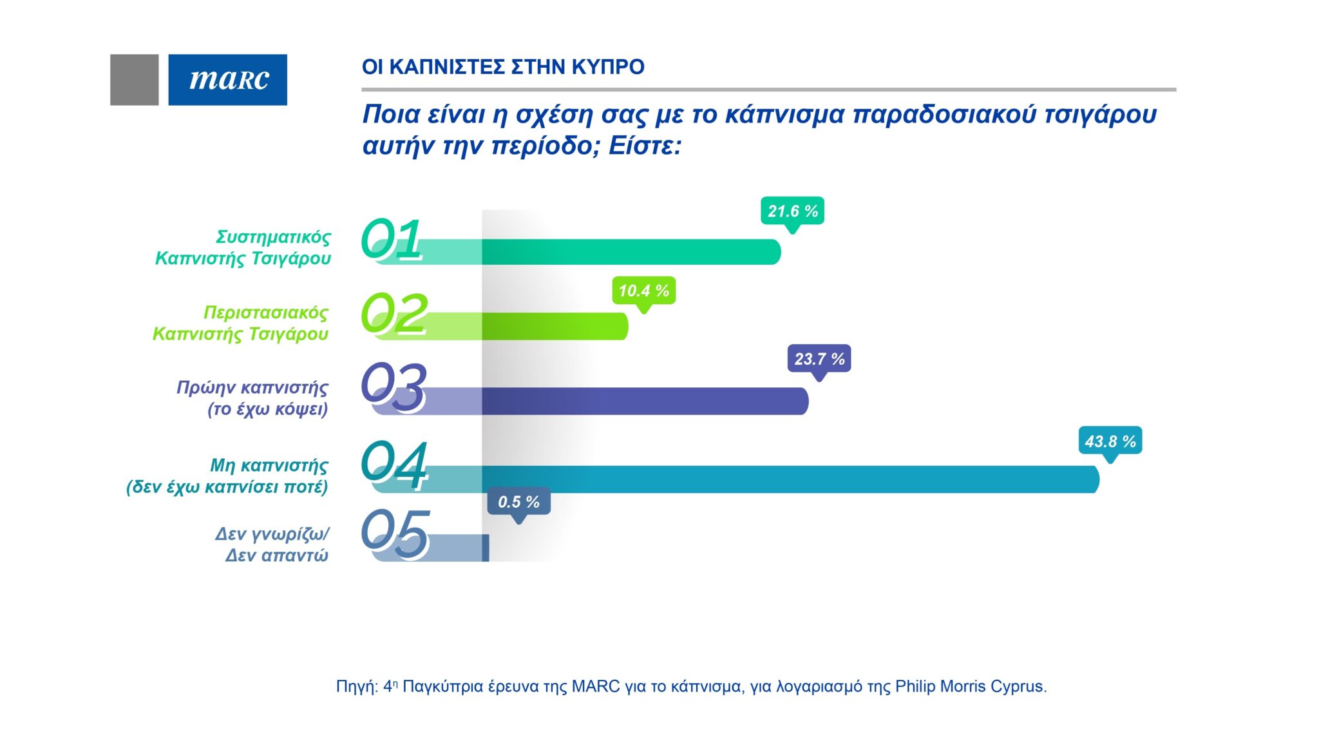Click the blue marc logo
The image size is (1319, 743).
(227, 79)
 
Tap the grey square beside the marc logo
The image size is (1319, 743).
(134, 79)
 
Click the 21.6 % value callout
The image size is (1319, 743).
(792, 211)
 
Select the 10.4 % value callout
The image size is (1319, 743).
(643, 291)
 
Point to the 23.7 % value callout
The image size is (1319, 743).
(819, 359)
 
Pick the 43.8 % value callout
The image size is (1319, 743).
(1110, 441)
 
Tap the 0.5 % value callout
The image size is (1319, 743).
(518, 501)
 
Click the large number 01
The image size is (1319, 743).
(392, 239)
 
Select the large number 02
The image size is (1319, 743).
(394, 313)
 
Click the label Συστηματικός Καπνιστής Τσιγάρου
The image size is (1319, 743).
(243, 247)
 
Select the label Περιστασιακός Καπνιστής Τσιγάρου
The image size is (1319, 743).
(240, 323)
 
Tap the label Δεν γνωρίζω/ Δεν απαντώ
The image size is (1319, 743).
(272, 544)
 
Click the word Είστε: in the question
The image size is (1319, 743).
(645, 146)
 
